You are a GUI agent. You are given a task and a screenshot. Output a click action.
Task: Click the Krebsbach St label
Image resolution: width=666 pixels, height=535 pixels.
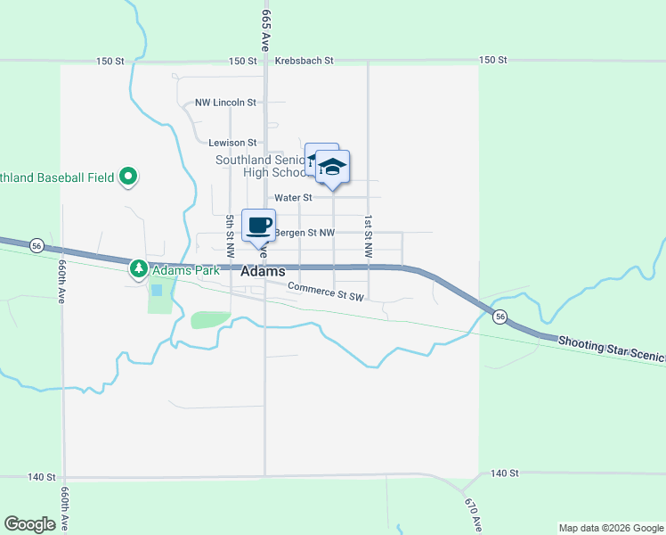pos(304,61)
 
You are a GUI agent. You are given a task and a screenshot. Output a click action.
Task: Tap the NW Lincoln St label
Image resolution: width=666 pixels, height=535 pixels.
pos(226,103)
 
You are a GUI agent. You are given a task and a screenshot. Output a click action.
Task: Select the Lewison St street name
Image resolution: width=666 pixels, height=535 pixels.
pos(232,142)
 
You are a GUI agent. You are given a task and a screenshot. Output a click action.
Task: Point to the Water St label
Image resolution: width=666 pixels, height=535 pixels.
pos(293,197)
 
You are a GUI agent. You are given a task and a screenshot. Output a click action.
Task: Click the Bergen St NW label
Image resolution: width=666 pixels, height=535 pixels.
pos(305,233)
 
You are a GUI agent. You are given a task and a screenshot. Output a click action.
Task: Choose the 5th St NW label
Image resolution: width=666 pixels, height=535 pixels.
pos(230,229)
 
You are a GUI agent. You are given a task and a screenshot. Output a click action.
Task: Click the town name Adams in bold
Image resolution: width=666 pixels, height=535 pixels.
pos(263,271)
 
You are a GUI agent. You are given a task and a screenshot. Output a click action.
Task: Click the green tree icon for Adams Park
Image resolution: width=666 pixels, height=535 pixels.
pos(138,267)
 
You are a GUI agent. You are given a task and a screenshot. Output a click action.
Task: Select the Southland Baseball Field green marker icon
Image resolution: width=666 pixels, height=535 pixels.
pos(128,177)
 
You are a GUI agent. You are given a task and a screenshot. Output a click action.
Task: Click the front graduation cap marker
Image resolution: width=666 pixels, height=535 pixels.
pos(332,167)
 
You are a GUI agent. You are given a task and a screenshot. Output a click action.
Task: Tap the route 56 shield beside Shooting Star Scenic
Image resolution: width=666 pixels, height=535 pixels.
pos(500,317)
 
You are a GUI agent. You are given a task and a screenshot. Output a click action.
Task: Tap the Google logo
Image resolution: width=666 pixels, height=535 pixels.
pos(29,524)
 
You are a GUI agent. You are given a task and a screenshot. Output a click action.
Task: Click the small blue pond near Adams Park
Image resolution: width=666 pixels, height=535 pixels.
pos(157,290)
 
